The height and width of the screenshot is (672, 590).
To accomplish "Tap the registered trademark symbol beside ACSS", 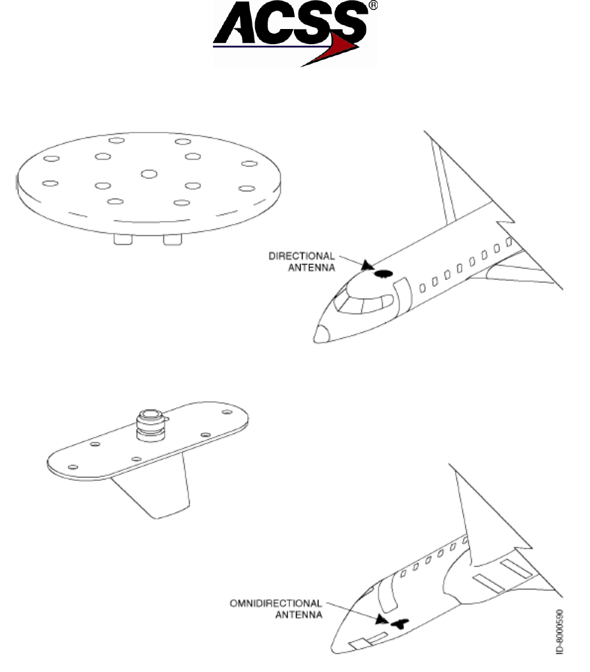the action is coord(372,9).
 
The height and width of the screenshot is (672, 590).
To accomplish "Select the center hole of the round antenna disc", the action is coord(148,173).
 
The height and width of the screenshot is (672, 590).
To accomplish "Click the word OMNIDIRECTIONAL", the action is coord(276,603).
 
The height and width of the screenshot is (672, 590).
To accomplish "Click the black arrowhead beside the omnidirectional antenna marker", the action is coord(380,620).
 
